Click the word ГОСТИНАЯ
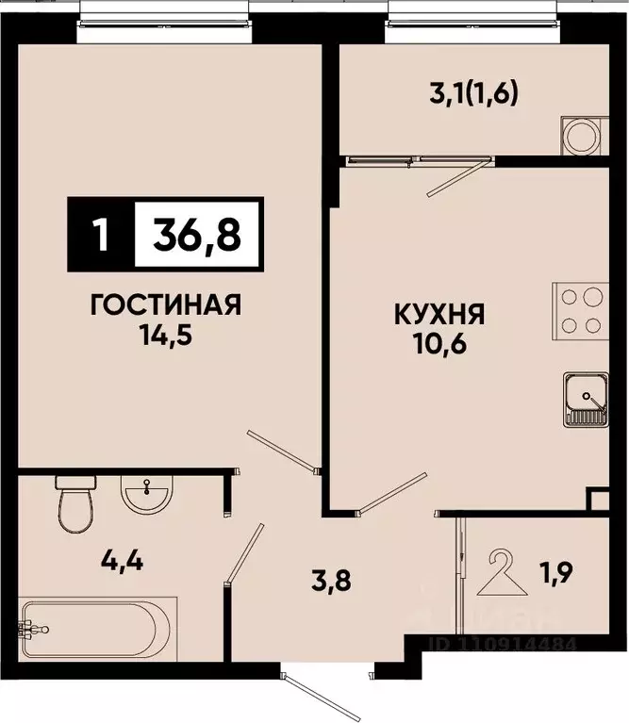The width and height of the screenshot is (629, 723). tap(165, 306)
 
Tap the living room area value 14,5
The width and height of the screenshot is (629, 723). tap(166, 334)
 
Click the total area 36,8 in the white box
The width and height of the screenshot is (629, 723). tap(198, 232)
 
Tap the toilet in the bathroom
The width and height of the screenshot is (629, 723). tap(73, 503)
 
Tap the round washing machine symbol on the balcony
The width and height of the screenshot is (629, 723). tap(578, 134)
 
